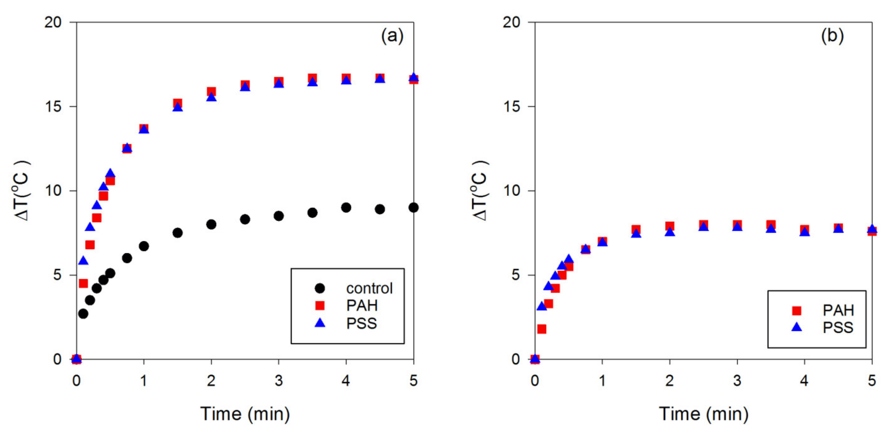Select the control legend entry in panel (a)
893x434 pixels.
point(369,288)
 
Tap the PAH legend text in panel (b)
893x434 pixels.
point(838,310)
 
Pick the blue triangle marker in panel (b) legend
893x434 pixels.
point(797,327)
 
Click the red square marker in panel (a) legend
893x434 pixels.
point(320,305)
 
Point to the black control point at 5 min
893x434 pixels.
point(413,208)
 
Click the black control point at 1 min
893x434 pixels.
point(144,246)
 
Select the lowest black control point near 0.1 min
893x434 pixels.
point(83,314)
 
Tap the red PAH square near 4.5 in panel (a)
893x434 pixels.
point(380,78)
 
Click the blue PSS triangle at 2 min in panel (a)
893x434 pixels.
point(212,97)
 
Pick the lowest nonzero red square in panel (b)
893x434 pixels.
point(542,329)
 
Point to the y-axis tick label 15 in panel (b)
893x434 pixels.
point(511,107)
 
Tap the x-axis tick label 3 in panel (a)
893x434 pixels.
point(279,381)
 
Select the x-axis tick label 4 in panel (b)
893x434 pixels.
point(804,381)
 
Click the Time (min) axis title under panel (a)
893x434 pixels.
point(245,414)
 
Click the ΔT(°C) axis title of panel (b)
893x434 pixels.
point(480,191)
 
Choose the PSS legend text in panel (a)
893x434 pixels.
point(361,324)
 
